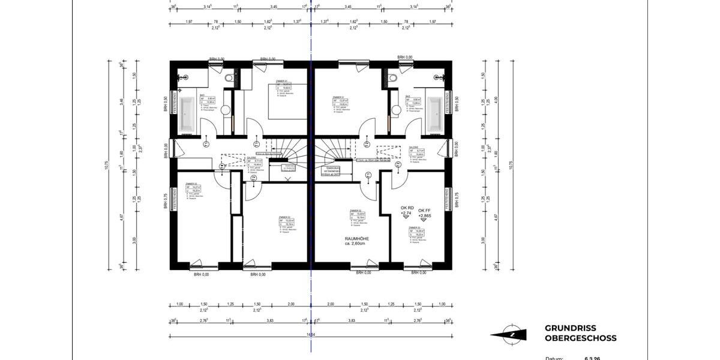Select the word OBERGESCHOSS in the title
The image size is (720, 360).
(580, 338)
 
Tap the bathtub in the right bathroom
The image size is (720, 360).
(434, 114)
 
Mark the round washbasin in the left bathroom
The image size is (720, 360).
(226, 110)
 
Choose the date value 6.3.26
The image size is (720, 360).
(593, 358)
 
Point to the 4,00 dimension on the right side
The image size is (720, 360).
(496, 100)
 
